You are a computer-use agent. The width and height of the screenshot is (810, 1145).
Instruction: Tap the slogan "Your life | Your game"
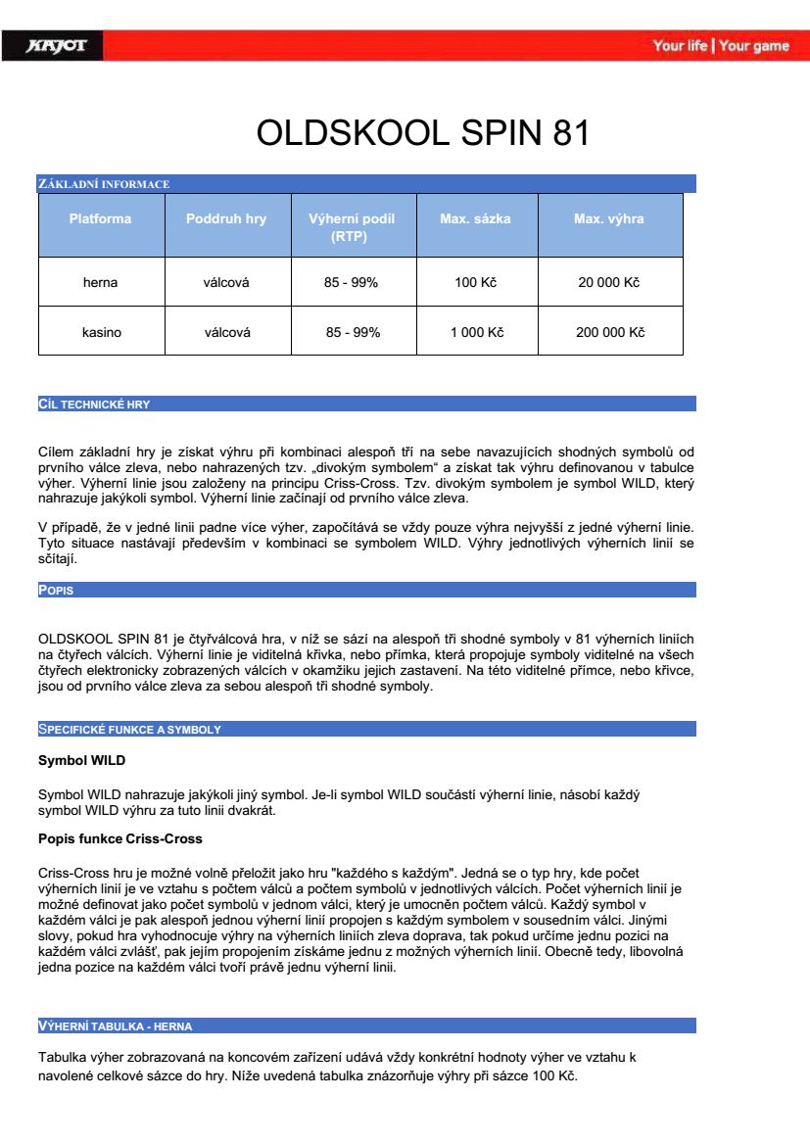coord(720,46)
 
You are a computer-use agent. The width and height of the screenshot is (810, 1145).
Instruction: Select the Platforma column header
coord(100,219)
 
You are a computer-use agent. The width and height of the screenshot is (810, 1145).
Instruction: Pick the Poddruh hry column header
coord(226,219)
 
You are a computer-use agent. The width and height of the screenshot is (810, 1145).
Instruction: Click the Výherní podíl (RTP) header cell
coord(352,227)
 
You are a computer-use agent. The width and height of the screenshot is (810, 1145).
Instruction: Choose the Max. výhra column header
coord(608,219)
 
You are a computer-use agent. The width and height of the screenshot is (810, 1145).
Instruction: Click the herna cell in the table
coord(100,283)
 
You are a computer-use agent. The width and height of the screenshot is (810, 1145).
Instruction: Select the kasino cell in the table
coord(101,333)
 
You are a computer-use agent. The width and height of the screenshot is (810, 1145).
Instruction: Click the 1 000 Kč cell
coord(476,333)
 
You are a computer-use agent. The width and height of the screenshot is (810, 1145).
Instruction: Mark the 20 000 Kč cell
coord(608,283)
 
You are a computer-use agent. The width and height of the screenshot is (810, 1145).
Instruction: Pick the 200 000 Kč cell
coord(609,333)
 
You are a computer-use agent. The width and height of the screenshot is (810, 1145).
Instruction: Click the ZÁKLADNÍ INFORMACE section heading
coord(104,184)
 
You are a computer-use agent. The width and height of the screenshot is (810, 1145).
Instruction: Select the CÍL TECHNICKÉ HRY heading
coord(94,405)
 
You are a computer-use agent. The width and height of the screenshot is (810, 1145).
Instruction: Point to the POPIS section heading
coord(56,591)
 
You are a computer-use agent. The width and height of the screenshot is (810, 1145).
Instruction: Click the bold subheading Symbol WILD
coord(81,760)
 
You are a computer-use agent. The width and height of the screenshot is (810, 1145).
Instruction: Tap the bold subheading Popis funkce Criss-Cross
coord(119,839)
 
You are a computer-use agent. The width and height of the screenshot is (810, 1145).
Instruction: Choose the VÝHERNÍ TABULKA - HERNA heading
coord(115,1026)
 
